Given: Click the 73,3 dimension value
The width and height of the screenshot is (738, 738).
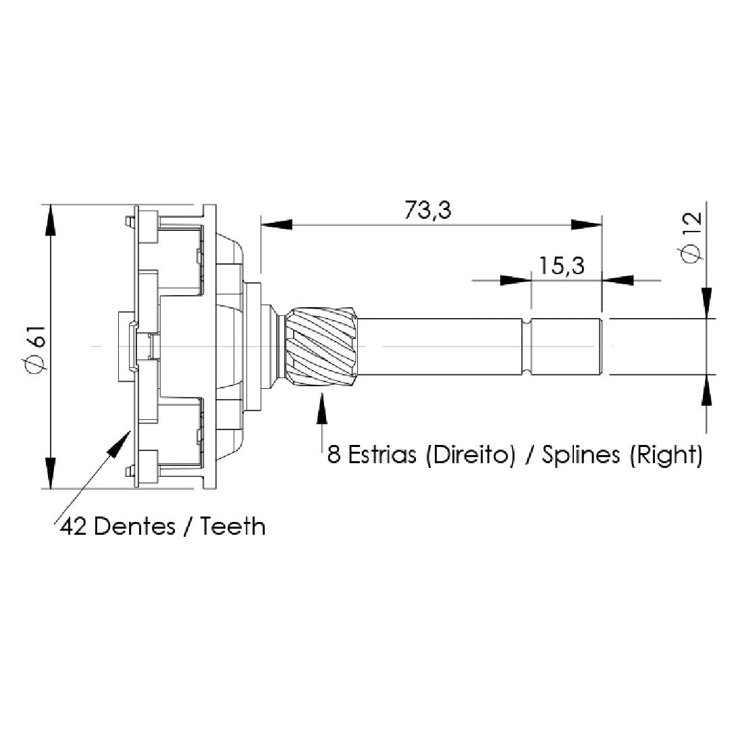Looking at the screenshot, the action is pyautogui.click(x=428, y=210).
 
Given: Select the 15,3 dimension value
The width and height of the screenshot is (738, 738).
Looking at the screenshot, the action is pyautogui.click(x=562, y=265).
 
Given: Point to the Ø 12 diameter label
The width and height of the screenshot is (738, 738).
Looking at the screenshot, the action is pyautogui.click(x=691, y=238).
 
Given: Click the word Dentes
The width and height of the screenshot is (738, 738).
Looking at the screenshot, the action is pyautogui.click(x=134, y=526).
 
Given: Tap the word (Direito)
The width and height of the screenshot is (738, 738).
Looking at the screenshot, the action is pyautogui.click(x=470, y=455).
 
